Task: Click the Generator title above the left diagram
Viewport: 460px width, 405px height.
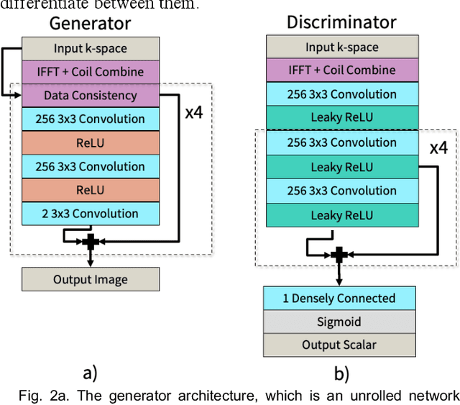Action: coord(90,23)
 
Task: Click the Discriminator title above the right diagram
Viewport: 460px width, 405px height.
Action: coord(341,22)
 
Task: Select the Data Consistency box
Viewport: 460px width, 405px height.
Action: coord(90,95)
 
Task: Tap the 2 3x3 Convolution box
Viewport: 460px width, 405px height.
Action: coord(90,214)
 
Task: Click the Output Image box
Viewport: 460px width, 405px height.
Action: coord(90,279)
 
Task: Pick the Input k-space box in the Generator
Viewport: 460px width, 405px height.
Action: coord(90,49)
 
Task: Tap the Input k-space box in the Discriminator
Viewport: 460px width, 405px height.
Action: coord(341,47)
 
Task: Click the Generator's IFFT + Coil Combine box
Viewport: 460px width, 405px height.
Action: coord(90,72)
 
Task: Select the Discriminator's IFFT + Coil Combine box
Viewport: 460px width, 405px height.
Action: coord(341,70)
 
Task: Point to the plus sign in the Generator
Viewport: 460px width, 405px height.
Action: coord(90,242)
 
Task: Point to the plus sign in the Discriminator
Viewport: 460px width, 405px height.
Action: coord(340,254)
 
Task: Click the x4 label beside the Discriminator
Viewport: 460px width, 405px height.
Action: coord(438,148)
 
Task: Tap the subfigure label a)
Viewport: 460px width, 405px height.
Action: coord(89,373)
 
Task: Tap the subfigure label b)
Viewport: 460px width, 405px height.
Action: coord(341,373)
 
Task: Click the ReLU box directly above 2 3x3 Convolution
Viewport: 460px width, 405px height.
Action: coord(90,190)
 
